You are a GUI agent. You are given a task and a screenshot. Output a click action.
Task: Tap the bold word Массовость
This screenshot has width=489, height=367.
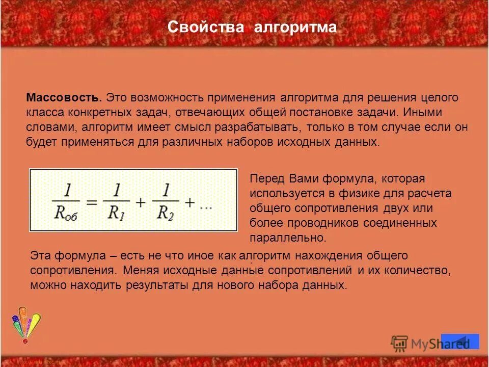[64, 97]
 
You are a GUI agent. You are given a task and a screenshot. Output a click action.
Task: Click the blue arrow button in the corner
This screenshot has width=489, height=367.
[460, 342]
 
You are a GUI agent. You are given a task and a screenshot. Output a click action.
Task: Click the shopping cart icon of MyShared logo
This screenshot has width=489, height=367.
[400, 344]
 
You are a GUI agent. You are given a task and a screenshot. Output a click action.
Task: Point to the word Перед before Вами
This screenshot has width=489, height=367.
[267, 179]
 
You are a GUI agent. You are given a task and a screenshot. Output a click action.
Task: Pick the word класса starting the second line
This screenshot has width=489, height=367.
[43, 112]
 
